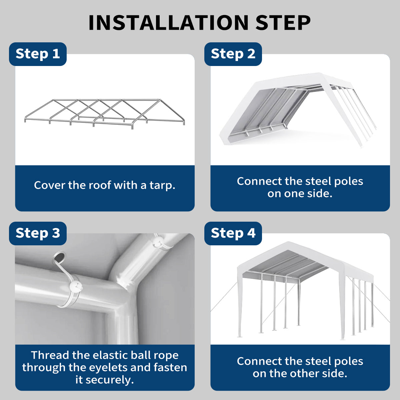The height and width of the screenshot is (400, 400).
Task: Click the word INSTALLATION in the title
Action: [168, 23]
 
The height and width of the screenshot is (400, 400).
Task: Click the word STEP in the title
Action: [283, 23]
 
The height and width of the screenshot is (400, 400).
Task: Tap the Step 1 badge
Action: [38, 54]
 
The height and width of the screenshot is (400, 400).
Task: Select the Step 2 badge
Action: [233, 54]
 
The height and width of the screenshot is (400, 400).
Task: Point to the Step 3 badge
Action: [38, 233]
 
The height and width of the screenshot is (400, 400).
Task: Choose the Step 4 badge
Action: [233, 233]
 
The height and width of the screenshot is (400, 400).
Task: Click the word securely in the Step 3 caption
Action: [109, 380]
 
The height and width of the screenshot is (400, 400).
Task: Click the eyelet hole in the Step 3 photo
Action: [60, 258]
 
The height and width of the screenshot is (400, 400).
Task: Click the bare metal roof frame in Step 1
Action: [105, 114]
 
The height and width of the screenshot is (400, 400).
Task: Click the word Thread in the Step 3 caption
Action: [50, 355]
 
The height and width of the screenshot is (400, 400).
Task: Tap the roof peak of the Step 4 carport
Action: [288, 242]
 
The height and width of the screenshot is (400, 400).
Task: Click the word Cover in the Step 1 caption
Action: [50, 185]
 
